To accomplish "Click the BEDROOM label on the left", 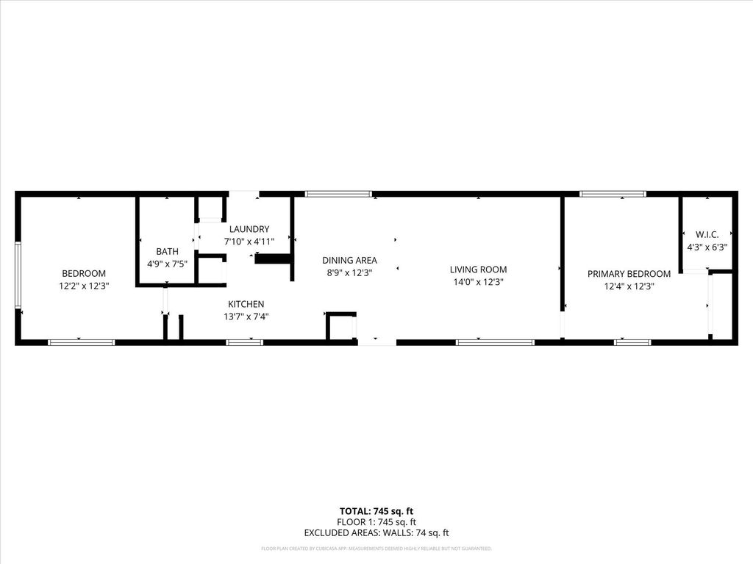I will pyautogui.click(x=84, y=273).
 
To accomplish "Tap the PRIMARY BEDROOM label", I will pyautogui.click(x=629, y=274).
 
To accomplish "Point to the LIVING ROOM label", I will pyautogui.click(x=478, y=270).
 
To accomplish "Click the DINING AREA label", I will pyautogui.click(x=349, y=260).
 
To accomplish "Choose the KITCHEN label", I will pyautogui.click(x=246, y=304).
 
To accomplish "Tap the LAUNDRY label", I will pyautogui.click(x=249, y=229).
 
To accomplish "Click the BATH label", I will pyautogui.click(x=167, y=251).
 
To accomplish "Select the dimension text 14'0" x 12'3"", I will pyautogui.click(x=478, y=282).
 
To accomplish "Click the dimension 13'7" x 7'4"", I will pyautogui.click(x=246, y=317).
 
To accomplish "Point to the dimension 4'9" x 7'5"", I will pyautogui.click(x=167, y=264).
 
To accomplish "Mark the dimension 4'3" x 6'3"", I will pyautogui.click(x=707, y=247).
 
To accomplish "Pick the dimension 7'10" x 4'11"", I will pyautogui.click(x=249, y=242).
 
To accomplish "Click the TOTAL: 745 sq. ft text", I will pyautogui.click(x=376, y=511).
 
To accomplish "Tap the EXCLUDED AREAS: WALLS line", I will pyautogui.click(x=376, y=533).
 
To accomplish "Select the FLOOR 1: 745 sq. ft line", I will pyautogui.click(x=376, y=522).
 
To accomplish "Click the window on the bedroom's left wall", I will pyautogui.click(x=18, y=275).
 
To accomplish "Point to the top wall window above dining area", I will pyautogui.click(x=338, y=194).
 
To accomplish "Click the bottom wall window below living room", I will pyautogui.click(x=495, y=342).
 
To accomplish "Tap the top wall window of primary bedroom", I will pyautogui.click(x=613, y=194).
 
